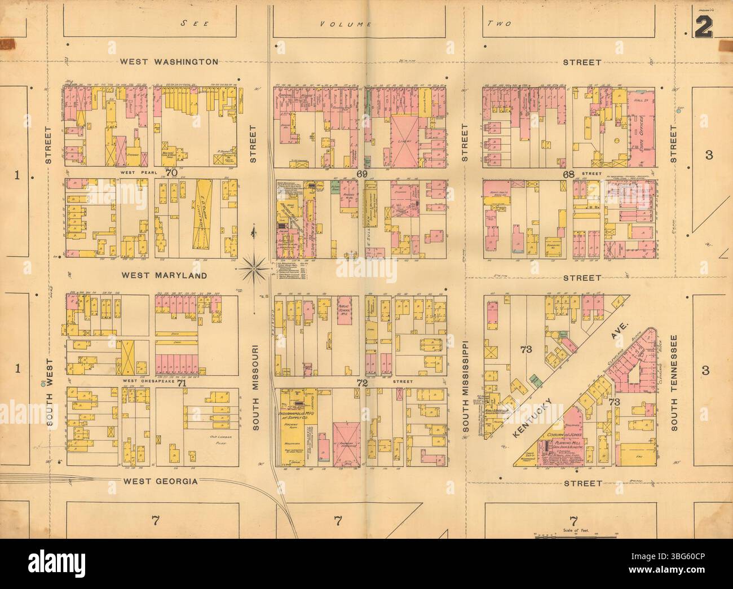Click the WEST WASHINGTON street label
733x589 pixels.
[x=169, y=61]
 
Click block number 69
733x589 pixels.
[x=361, y=174]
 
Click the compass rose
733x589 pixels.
[x=254, y=266]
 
